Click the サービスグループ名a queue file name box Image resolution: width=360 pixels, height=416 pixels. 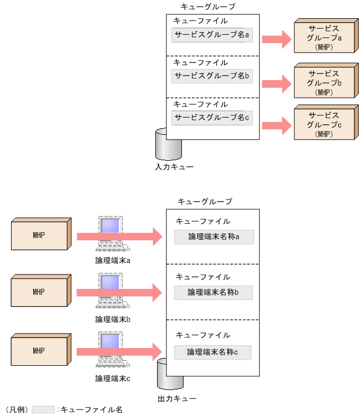(x=212, y=35)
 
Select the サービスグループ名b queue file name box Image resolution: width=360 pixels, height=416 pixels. (x=212, y=76)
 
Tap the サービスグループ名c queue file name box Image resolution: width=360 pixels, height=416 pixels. (x=212, y=117)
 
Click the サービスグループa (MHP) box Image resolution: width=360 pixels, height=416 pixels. (x=323, y=38)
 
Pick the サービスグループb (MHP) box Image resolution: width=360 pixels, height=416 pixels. (x=323, y=82)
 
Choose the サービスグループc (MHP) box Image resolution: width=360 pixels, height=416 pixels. (x=323, y=124)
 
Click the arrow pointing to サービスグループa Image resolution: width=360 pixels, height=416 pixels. (x=276, y=39)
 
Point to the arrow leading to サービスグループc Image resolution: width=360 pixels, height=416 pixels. (x=276, y=124)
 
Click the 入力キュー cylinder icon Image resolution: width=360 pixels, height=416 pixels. (x=168, y=145)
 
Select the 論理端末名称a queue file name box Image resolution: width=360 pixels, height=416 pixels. (x=213, y=237)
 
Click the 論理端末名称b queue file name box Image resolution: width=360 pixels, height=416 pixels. (x=213, y=292)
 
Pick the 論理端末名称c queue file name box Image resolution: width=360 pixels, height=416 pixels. (x=213, y=352)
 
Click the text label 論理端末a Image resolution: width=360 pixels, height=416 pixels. (x=113, y=260)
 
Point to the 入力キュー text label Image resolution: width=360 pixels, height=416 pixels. (x=174, y=165)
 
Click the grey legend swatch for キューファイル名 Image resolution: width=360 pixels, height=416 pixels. (x=43, y=409)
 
